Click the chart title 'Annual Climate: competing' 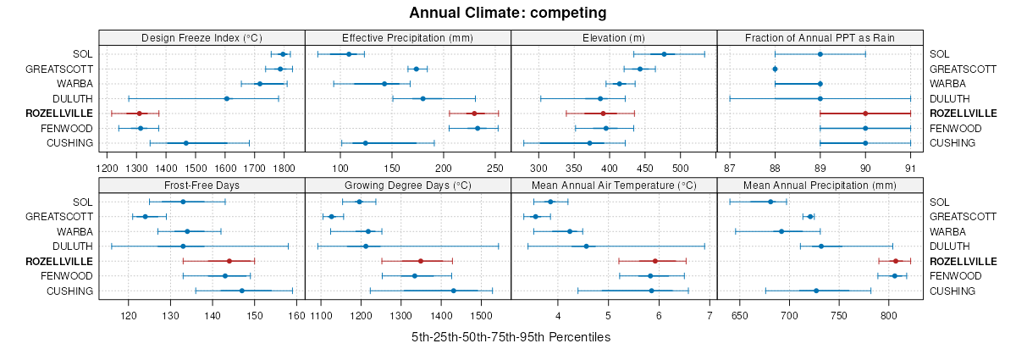[507, 13]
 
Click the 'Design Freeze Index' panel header [202, 37]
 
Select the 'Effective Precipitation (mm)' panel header [407, 37]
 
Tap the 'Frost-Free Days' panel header [202, 185]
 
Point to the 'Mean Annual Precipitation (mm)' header [819, 185]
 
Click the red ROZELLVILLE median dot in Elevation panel [603, 114]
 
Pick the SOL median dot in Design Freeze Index [283, 54]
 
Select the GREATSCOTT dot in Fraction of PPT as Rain [775, 69]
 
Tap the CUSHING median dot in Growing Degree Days [454, 291]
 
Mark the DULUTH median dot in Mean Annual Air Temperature [586, 246]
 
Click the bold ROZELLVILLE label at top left [59, 114]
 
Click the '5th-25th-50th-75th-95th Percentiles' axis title [511, 337]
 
